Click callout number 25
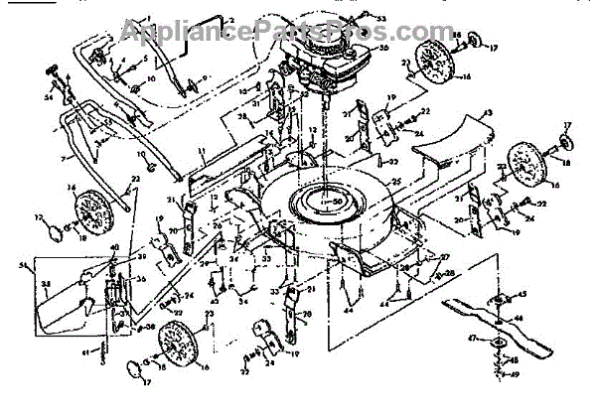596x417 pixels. (x=394, y=181)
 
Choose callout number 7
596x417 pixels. (x=66, y=158)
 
